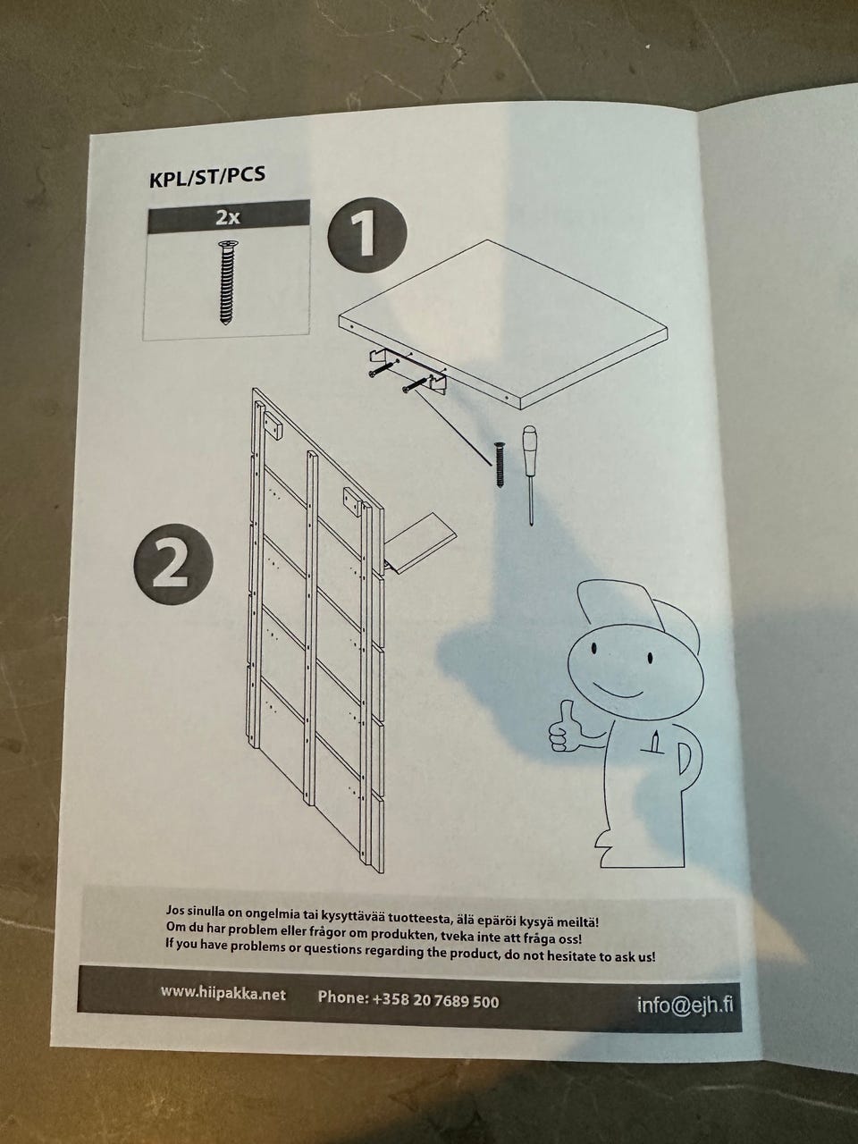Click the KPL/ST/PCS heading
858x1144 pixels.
[207, 177]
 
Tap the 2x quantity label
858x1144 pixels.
[228, 217]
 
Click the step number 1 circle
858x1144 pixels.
[366, 235]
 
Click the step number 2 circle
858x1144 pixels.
[173, 563]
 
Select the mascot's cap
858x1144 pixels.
[640, 614]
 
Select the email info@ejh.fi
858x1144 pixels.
[686, 1005]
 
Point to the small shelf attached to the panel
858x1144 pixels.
[420, 543]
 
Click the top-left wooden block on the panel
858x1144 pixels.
[273, 425]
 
